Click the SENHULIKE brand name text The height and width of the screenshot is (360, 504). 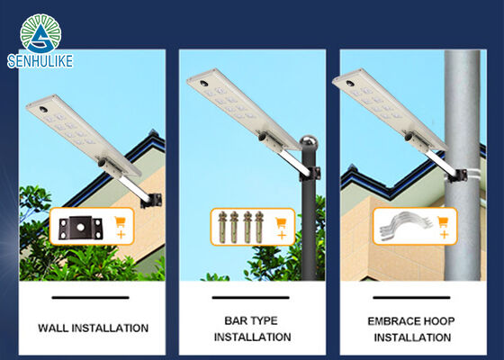tap(40, 61)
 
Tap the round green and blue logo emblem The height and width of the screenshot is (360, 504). tap(40, 33)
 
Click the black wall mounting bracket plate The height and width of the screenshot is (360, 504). tap(80, 228)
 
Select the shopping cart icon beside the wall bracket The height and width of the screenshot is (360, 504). tap(120, 221)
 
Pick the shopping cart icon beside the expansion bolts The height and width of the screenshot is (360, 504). tap(281, 222)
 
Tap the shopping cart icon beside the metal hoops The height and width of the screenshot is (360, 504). tap(443, 221)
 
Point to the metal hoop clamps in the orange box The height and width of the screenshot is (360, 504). tap(405, 226)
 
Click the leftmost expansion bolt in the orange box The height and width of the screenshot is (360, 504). tap(222, 227)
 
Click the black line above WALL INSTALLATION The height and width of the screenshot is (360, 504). tap(90, 298)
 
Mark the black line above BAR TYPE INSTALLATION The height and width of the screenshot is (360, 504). tap(251, 298)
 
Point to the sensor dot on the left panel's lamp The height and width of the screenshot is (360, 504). tap(43, 110)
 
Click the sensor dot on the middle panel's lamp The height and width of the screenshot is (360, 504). tap(203, 84)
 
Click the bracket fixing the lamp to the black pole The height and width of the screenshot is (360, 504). tap(310, 175)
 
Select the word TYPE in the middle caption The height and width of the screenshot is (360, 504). tap(265, 320)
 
